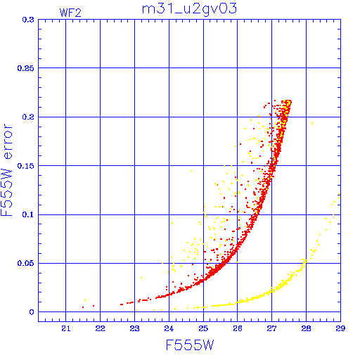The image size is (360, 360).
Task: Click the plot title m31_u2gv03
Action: [x=189, y=9]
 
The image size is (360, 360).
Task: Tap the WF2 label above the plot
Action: [x=70, y=13]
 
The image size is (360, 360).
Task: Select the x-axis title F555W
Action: [x=190, y=345]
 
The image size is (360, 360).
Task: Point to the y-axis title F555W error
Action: [x=6, y=170]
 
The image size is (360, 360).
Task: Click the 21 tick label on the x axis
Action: [x=66, y=328]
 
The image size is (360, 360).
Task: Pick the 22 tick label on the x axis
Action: [x=100, y=328]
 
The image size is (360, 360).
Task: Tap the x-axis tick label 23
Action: [x=134, y=328]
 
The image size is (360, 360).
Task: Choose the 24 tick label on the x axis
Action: [x=169, y=328]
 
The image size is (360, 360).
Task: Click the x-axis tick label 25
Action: [x=203, y=328]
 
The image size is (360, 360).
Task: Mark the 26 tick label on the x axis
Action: [x=238, y=328]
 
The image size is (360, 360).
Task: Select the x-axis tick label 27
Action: [x=271, y=328]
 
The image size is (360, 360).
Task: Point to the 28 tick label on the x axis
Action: [x=306, y=328]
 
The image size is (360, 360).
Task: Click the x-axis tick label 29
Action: [x=340, y=328]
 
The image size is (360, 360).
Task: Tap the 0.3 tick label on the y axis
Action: [x=28, y=20]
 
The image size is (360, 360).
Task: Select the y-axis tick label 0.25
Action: [x=25, y=68]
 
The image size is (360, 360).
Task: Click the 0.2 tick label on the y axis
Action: [x=28, y=117]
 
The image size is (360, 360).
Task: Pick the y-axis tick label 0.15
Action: [x=25, y=166]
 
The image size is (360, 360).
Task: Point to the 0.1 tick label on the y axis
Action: [x=28, y=214]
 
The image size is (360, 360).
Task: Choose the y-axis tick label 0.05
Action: [x=25, y=263]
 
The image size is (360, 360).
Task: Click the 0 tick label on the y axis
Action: [x=32, y=312]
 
